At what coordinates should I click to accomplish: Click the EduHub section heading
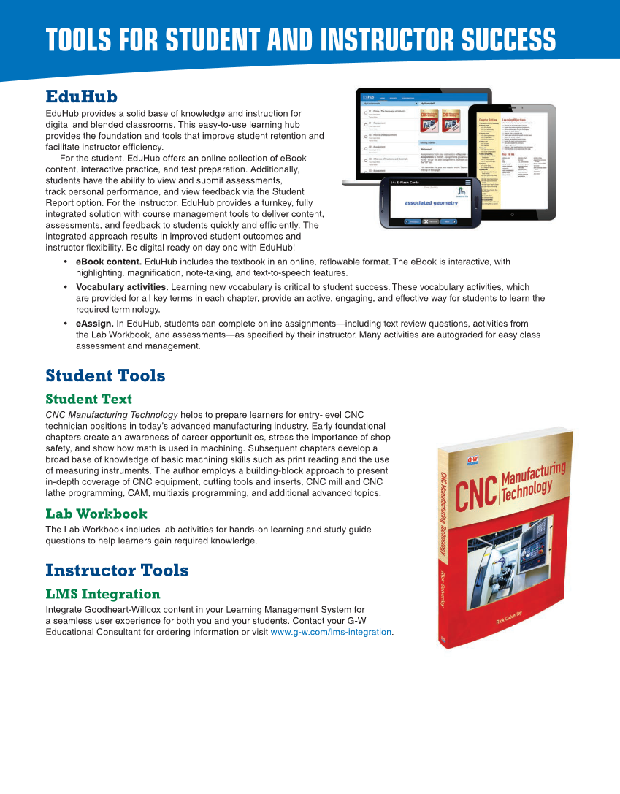coord(81,97)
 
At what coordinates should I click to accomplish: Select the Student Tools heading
coord(105,375)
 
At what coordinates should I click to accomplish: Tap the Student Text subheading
coord(88,399)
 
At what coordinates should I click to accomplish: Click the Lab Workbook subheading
coord(96,514)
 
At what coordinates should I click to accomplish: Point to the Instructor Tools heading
coord(117,570)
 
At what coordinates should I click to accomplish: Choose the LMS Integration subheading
coord(102,594)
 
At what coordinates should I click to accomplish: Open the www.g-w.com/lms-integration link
coord(331,632)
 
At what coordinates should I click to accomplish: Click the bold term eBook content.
coord(109,262)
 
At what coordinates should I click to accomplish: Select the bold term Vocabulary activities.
coord(122,287)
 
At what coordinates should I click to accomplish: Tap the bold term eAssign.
coord(94,324)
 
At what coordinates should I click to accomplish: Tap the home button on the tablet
coord(513,215)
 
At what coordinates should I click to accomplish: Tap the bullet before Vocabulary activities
coord(66,287)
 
